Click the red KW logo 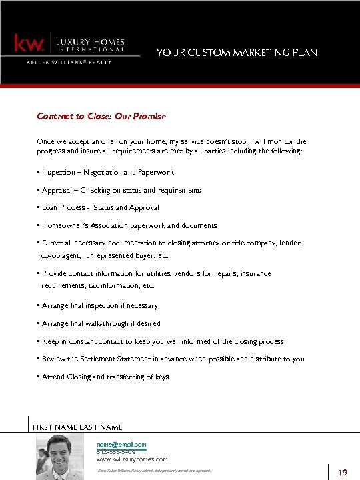tap(29, 44)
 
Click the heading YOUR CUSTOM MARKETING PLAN tap(237, 53)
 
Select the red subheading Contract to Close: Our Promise tap(101, 116)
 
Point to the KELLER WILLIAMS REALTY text tap(69, 62)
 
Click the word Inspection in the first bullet tap(59, 172)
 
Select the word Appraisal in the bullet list tap(57, 190)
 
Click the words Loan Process tap(63, 207)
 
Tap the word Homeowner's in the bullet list tap(63, 225)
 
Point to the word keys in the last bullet tap(162, 377)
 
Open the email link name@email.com tap(121, 444)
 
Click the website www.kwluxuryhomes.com tap(132, 459)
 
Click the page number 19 tap(343, 473)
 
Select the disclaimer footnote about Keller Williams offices tap(154, 471)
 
